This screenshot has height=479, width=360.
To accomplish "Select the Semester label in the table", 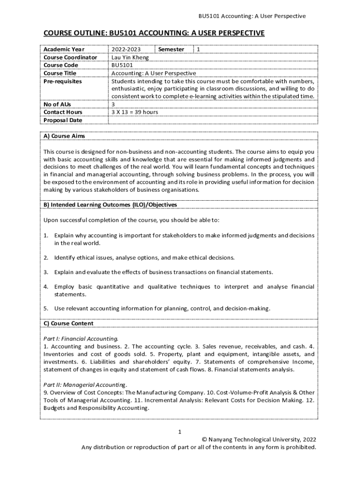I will tap(171, 49).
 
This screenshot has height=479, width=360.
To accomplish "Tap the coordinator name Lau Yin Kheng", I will tap(130, 57).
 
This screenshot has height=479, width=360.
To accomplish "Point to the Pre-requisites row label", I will tap(62, 81).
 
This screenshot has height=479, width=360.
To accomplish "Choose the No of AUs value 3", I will tap(113, 104).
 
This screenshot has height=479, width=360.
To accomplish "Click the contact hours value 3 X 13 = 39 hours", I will tap(135, 112).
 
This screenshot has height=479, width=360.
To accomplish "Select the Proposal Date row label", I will tap(63, 120).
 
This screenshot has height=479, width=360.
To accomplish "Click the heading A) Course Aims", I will tap(64, 136).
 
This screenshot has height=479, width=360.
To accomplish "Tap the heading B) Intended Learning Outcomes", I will tap(110, 204).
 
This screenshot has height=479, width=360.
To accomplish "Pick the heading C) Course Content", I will tap(68, 323).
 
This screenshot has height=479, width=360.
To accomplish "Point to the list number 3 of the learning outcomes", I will tap(46, 272).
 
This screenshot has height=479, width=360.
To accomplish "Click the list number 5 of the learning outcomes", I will tap(46, 308).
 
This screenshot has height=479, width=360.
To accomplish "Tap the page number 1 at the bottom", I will tap(180, 431).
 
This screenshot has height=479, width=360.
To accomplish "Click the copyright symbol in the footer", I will tap(204, 439).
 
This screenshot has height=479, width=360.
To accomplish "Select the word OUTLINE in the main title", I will tap(89, 33).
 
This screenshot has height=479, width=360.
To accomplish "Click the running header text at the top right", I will tap(252, 16).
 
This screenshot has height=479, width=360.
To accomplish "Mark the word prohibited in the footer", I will tap(301, 447).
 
